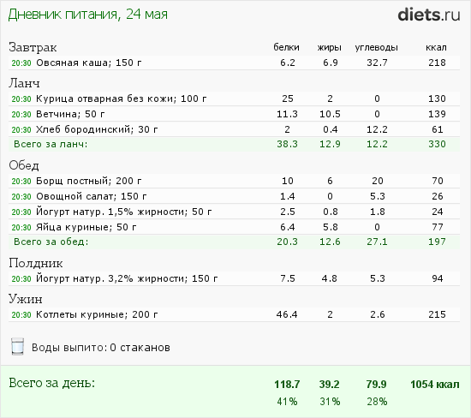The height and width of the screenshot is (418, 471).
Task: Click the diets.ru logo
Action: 429,15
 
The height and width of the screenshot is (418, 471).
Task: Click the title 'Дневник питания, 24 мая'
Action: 87,15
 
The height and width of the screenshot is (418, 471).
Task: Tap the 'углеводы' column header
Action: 377,47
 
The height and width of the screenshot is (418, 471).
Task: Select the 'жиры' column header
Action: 330,47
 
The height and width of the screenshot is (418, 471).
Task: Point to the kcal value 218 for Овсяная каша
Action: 437,63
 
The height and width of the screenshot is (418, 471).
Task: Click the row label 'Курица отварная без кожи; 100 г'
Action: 122,99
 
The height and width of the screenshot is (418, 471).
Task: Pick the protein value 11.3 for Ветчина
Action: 287,114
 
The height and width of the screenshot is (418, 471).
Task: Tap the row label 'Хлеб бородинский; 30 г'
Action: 97,129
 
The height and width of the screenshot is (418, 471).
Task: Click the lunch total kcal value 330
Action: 437,144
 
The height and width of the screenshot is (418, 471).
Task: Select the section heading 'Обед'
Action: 24,165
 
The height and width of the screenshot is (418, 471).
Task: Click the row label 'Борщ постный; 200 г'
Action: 88,181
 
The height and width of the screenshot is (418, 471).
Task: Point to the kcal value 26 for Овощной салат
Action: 438,196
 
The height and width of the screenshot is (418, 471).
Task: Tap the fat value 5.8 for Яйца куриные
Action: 330,227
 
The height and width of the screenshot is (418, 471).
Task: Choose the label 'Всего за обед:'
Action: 51,242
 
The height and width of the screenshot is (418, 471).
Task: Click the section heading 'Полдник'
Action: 36,263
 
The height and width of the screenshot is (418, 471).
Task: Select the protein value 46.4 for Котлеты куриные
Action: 287,314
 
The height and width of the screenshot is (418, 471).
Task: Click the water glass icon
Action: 17,346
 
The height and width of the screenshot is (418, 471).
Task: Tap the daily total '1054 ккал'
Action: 435,385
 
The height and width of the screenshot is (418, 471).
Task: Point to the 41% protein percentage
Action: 287,402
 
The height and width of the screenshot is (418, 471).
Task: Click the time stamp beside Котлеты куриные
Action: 21,314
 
